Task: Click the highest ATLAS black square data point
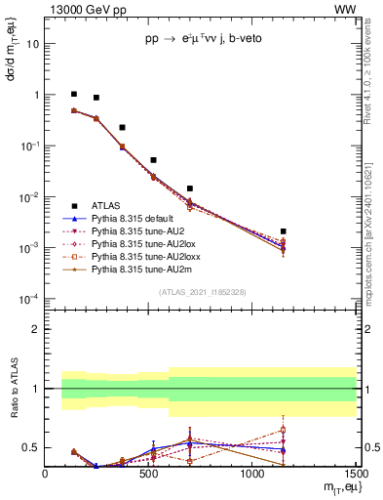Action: point(74,95)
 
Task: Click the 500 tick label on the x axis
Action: point(148,474)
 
